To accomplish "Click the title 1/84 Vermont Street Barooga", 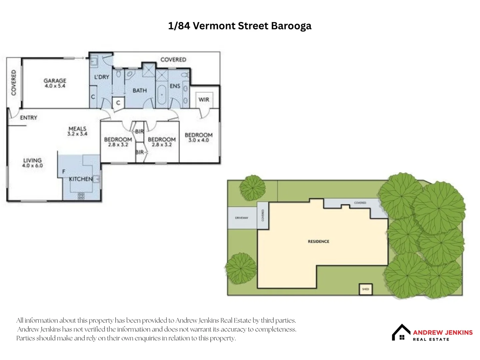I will [x=240, y=26].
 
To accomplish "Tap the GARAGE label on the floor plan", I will [x=55, y=83].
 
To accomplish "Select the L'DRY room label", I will [x=101, y=77].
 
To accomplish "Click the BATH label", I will [x=140, y=90].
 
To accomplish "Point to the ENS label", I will [x=175, y=86].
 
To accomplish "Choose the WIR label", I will [x=204, y=99].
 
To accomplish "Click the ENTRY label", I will [x=28, y=118].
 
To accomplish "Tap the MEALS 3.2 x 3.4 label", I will [x=77, y=131].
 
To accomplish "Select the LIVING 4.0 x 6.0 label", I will [x=32, y=163].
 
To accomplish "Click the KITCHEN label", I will [x=81, y=179].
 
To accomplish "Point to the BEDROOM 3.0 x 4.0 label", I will [x=199, y=137].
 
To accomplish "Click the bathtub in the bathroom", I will [x=162, y=95].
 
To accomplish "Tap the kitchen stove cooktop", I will [x=81, y=196].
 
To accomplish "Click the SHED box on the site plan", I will [x=365, y=289].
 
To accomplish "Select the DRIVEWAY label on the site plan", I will [x=242, y=218].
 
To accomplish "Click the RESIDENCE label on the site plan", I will [x=318, y=241].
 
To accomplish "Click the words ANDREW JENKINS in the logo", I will [x=443, y=332].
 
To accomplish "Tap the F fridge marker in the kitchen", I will [x=64, y=171].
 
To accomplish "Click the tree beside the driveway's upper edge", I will [x=253, y=188].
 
